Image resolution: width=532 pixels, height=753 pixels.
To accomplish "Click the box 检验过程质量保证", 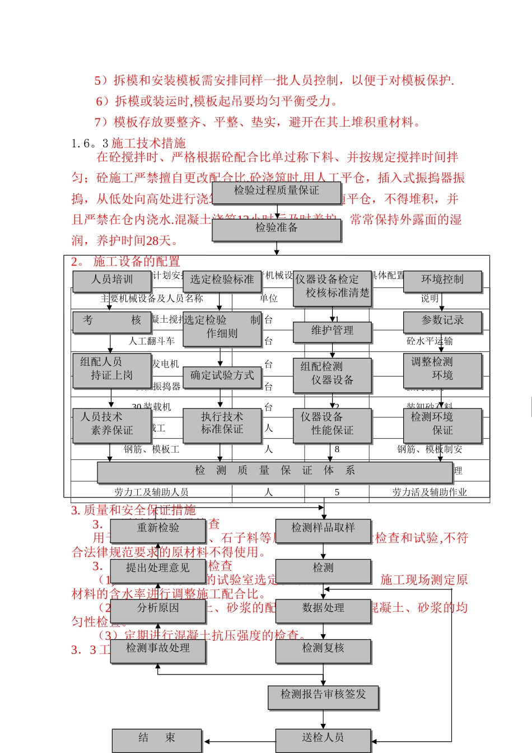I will click(x=276, y=192).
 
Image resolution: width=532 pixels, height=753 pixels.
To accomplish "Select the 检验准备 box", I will click(x=276, y=229).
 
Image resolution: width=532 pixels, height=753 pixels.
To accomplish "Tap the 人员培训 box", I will click(x=111, y=280).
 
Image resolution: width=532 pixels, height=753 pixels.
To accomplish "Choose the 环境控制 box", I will click(x=442, y=280).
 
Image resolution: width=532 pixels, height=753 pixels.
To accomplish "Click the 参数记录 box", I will click(x=442, y=321).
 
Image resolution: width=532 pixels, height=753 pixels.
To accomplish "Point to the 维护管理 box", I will click(x=332, y=331).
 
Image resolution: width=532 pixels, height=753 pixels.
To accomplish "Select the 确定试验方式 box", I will click(x=222, y=376).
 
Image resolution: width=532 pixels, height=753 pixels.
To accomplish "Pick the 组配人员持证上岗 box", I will click(x=111, y=369).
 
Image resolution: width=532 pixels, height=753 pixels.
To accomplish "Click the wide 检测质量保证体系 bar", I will click(x=274, y=471).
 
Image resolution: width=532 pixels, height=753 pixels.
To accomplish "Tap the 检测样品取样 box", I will click(x=323, y=529).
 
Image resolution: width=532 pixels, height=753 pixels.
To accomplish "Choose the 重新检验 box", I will click(x=158, y=529).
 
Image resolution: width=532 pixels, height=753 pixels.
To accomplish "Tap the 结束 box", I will click(x=156, y=739).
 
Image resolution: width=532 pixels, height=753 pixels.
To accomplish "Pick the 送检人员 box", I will click(x=323, y=739).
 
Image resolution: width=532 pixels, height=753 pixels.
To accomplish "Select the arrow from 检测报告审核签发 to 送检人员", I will click(x=323, y=719).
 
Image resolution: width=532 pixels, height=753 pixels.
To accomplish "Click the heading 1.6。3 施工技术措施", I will click(x=129, y=143).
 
